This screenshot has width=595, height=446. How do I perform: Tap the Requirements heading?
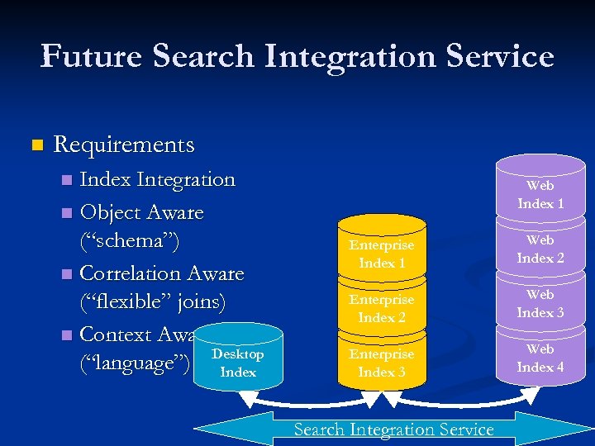click(124, 145)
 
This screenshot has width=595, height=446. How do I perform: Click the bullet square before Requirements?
click(35, 146)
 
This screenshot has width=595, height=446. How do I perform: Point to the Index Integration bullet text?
click(157, 179)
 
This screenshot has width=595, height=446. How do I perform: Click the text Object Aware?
click(141, 212)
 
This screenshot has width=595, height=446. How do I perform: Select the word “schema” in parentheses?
click(129, 241)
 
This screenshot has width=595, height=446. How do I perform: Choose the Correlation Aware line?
click(161, 273)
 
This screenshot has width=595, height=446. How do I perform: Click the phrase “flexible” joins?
click(152, 301)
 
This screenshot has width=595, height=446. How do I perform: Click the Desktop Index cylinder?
click(238, 363)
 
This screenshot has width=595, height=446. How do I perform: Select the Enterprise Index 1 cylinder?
click(382, 254)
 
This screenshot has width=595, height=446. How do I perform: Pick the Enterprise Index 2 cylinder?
click(382, 308)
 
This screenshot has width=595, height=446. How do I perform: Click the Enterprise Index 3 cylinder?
click(382, 363)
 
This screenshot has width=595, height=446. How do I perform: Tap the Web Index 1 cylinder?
click(540, 195)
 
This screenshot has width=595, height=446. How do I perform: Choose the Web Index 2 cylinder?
click(540, 249)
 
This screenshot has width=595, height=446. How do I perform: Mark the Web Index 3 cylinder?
click(540, 303)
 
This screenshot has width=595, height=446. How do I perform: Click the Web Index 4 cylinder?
click(540, 358)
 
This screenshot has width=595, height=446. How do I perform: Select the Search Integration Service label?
click(393, 429)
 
